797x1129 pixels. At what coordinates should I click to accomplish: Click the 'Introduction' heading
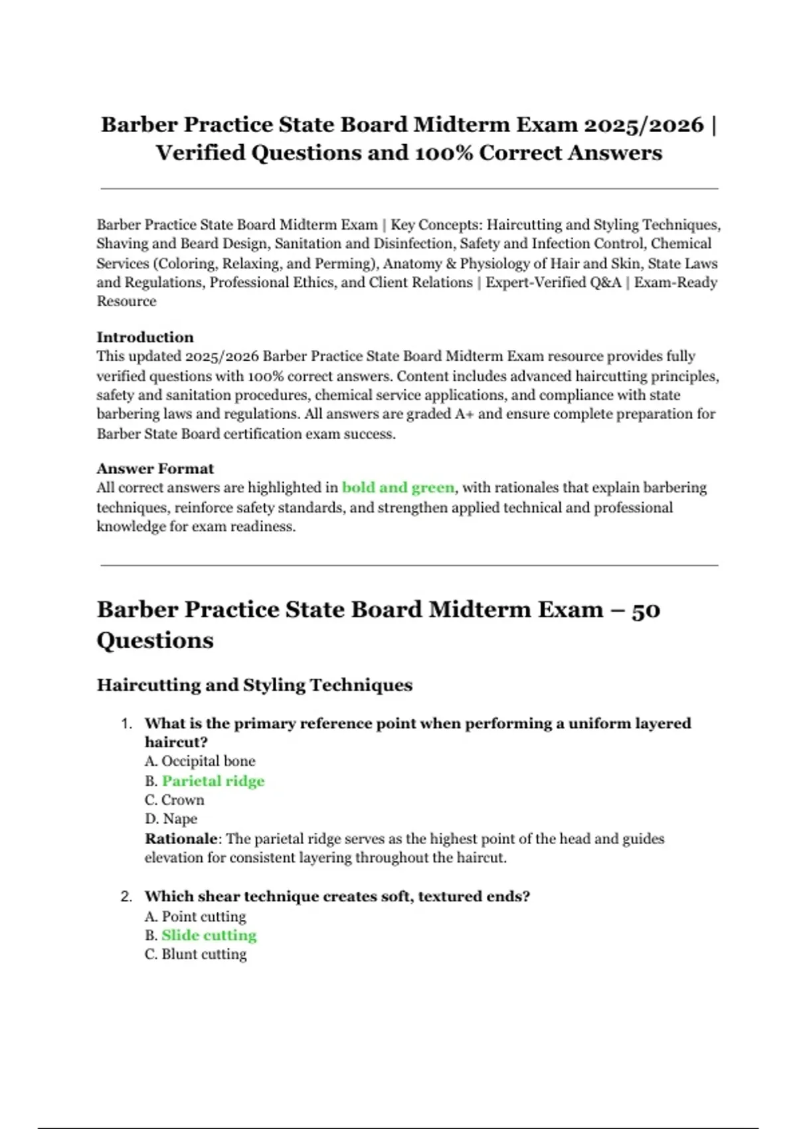[145, 337]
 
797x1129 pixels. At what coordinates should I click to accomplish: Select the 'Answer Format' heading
[155, 468]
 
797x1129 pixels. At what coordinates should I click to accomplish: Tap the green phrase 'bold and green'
[398, 487]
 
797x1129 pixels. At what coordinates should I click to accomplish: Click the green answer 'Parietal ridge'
[213, 781]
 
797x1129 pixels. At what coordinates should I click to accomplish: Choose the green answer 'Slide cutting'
[209, 935]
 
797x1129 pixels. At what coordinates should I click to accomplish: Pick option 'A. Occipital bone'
[200, 761]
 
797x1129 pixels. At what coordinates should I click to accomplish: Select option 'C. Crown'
[175, 800]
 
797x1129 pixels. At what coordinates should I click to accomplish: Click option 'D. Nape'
[171, 819]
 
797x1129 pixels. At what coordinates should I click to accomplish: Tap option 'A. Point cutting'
[195, 916]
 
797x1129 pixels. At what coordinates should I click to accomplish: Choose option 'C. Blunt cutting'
[195, 954]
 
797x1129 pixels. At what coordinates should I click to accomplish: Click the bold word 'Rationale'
[181, 838]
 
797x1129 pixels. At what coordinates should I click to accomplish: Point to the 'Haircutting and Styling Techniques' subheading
[254, 685]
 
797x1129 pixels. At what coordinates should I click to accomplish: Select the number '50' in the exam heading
[646, 610]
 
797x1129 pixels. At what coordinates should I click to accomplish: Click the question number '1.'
[127, 723]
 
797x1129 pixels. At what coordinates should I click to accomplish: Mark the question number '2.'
[127, 897]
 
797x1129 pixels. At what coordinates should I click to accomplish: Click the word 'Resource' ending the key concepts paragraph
[126, 301]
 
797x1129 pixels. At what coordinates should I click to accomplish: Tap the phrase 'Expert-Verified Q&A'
[553, 282]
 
